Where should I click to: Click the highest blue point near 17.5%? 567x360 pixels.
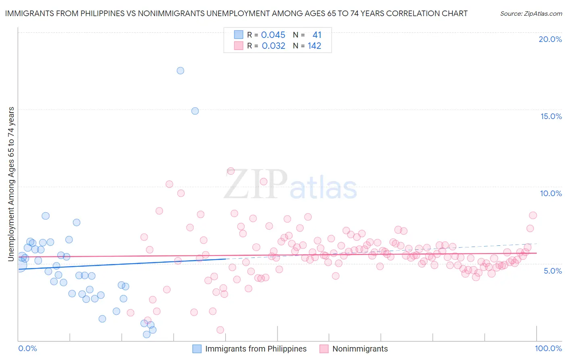[180, 71]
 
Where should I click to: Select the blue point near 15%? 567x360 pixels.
[195, 111]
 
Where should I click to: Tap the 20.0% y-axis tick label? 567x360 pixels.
[550, 39]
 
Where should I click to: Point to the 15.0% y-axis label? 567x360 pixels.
[551, 116]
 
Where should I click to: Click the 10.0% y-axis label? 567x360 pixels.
[551, 193]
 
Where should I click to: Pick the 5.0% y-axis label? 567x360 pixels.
[552, 271]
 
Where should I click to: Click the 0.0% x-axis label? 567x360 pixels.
[27, 348]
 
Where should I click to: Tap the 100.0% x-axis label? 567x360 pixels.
[548, 348]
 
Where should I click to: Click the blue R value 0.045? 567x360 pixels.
[273, 35]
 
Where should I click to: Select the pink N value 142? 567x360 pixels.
[315, 46]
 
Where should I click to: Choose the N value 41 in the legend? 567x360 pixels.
[317, 35]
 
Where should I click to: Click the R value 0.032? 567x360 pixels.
[273, 46]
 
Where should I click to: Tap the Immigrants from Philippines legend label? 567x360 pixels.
[256, 349]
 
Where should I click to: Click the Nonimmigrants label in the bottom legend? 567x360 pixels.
[360, 349]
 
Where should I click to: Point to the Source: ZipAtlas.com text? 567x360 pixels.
[531, 13]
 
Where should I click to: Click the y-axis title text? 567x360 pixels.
[11, 184]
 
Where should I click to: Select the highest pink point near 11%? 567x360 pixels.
[231, 171]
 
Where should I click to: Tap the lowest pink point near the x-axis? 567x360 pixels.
[220, 330]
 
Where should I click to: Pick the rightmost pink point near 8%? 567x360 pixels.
[533, 216]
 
